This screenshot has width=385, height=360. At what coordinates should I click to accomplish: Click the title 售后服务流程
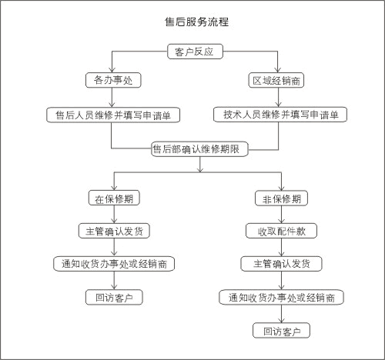[196, 22]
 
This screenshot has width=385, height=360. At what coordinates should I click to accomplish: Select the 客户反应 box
[195, 52]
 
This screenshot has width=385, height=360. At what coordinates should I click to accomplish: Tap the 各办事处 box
[113, 80]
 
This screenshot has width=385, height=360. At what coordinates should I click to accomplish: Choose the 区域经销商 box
[276, 81]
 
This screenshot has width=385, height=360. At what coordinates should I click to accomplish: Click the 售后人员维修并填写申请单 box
[113, 115]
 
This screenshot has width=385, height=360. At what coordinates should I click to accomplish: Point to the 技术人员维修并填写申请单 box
[280, 115]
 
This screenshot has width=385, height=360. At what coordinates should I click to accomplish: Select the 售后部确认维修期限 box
[199, 149]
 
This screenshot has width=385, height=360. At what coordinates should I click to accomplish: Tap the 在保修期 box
[114, 198]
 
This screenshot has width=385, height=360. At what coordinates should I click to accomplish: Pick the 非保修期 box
[281, 198]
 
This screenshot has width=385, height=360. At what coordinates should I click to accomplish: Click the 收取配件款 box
[281, 231]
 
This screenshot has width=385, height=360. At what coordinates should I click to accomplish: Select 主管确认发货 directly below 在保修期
[114, 231]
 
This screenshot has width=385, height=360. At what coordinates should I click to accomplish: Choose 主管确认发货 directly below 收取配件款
[281, 264]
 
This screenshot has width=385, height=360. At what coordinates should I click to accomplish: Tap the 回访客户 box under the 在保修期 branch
[114, 298]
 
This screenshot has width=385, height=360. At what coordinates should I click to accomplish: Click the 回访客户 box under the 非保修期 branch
[281, 331]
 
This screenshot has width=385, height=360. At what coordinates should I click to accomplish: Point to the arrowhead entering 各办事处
[112, 70]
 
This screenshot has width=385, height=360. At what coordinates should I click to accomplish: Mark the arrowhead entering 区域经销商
[277, 70]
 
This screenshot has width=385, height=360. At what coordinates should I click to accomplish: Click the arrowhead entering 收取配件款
[282, 221]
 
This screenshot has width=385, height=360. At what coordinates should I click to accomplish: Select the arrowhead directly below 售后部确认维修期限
[200, 169]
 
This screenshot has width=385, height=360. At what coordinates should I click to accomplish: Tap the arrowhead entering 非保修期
[282, 188]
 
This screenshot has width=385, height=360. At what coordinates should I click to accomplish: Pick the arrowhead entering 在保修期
[114, 188]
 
